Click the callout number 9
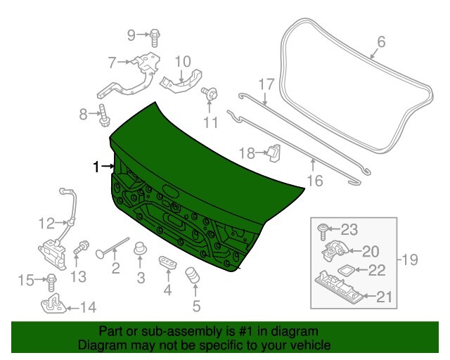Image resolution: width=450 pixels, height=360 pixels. point(131,35)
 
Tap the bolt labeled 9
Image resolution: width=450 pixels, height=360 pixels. point(155,37)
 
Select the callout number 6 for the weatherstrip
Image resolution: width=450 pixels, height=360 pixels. point(381,41)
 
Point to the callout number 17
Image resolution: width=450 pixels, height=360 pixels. point(266,84)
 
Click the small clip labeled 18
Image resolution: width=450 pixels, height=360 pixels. point(274,153)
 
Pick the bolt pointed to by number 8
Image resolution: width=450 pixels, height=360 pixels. point(103,115)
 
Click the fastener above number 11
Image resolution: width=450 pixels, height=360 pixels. point(210,93)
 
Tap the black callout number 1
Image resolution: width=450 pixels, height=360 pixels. point(96,167)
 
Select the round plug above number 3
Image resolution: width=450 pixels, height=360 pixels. point(140,249)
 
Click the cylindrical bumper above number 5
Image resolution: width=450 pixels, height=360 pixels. point(193,275)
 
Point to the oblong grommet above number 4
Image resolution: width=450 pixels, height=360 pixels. point(167,262)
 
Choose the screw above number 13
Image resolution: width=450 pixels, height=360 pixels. point(82,247)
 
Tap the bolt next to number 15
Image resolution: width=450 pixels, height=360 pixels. point(51,282)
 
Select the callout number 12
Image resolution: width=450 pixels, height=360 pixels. point(46,224)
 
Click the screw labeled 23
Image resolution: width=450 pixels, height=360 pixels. point(322,231)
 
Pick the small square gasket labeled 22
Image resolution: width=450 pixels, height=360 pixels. point(347,270)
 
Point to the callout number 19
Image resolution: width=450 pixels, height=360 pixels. point(410,260)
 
